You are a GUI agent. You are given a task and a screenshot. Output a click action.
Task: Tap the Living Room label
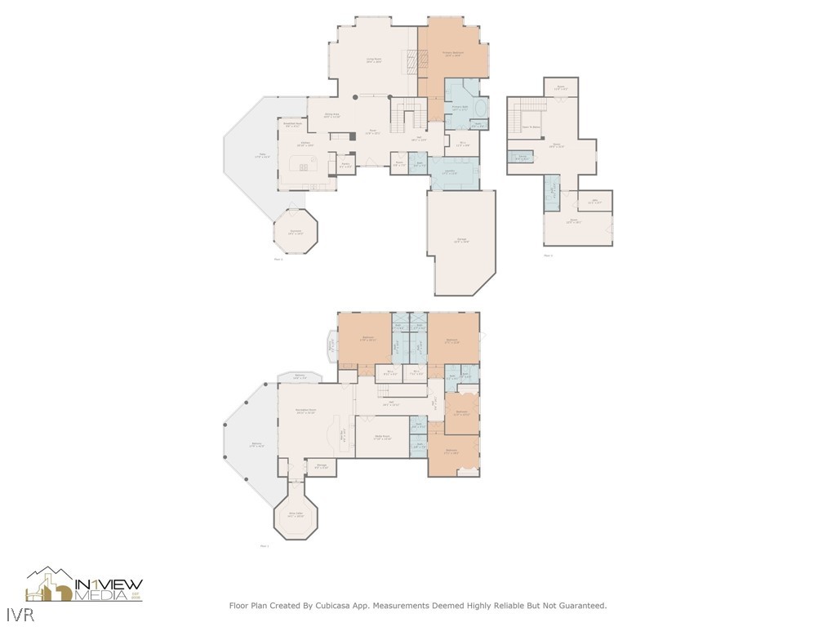375,60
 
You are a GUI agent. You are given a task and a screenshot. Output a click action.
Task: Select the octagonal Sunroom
295,232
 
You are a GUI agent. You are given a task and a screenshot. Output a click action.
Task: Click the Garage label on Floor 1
462,239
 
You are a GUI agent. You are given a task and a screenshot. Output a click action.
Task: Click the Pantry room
345,165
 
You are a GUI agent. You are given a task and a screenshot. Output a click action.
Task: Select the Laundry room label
450,171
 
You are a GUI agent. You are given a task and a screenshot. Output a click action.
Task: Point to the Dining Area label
331,115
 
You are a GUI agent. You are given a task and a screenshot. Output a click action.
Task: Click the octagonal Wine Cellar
296,515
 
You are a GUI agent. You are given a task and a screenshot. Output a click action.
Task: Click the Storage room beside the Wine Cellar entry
322,466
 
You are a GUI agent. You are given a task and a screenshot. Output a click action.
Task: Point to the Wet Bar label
344,433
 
